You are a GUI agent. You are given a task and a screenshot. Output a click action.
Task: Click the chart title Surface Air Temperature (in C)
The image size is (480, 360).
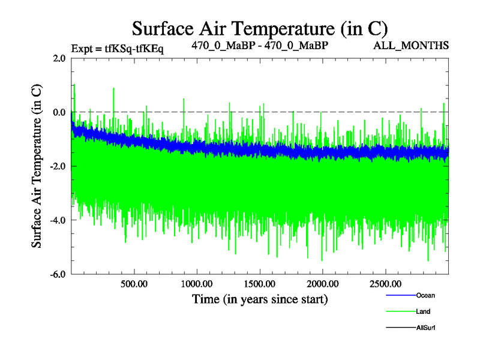coord(259,28)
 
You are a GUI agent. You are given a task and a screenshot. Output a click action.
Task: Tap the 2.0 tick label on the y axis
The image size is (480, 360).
coord(59,59)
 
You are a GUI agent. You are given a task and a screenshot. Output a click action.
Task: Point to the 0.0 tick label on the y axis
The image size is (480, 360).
coord(59,113)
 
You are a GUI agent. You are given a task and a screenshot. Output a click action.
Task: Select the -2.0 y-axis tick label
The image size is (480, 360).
coord(58,167)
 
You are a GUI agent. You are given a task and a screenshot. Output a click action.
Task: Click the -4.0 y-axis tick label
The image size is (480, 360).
coord(58,221)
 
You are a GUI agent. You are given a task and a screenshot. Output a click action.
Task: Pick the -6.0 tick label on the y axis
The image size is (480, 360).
coord(58,275)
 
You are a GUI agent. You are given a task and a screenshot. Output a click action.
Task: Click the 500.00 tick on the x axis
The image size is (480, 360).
coord(134,284)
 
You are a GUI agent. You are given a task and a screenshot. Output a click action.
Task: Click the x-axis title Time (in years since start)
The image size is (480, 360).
coord(260,299)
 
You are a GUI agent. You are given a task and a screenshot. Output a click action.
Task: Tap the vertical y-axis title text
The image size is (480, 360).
coord(37,166)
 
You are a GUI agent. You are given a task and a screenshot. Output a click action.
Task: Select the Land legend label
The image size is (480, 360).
coord(423,311)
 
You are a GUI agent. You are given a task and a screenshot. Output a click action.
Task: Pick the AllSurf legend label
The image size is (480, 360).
coord(426,328)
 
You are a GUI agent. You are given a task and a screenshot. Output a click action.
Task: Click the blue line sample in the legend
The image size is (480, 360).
coord(400,295)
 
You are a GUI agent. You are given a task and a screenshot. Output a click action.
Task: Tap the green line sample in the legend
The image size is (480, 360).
coord(400,311)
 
